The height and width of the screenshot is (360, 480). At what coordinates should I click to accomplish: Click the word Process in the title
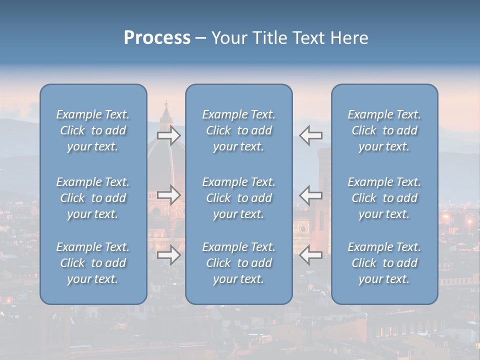pyautogui.click(x=157, y=38)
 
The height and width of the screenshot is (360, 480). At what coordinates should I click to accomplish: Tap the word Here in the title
pyautogui.click(x=349, y=38)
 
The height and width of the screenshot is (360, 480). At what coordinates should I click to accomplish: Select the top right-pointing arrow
pyautogui.click(x=168, y=135)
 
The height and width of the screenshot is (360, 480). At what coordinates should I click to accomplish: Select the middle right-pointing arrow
pyautogui.click(x=168, y=194)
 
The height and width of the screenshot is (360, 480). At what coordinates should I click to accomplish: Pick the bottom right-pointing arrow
pyautogui.click(x=168, y=255)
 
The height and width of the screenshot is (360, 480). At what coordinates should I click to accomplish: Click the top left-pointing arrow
pyautogui.click(x=311, y=135)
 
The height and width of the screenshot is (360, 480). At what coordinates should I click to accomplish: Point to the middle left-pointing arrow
pyautogui.click(x=311, y=194)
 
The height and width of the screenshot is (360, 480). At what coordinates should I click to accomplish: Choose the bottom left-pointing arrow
pyautogui.click(x=311, y=255)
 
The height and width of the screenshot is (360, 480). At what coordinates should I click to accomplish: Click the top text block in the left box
pyautogui.click(x=93, y=130)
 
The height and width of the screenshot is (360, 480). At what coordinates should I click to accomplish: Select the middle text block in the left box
pyautogui.click(x=93, y=198)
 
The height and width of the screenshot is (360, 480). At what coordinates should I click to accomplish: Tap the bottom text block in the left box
pyautogui.click(x=93, y=263)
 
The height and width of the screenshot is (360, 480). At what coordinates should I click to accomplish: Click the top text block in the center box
pyautogui.click(x=239, y=130)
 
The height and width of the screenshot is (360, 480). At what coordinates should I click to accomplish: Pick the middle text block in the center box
pyautogui.click(x=239, y=198)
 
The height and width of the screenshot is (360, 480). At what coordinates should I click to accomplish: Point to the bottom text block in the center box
pyautogui.click(x=239, y=263)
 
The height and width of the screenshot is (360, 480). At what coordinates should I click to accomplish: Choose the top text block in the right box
pyautogui.click(x=384, y=130)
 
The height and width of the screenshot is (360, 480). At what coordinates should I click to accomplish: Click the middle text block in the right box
pyautogui.click(x=384, y=198)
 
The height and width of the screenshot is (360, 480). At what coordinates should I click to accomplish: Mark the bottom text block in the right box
pyautogui.click(x=384, y=263)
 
